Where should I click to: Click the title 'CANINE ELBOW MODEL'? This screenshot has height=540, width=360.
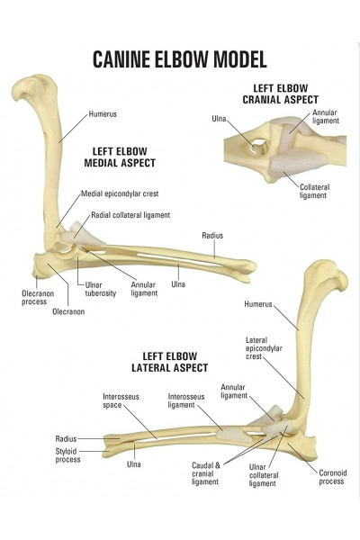point(180,59)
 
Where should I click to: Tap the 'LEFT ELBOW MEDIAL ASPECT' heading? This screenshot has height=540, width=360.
point(120,157)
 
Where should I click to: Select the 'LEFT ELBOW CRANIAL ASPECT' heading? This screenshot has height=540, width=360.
point(281,94)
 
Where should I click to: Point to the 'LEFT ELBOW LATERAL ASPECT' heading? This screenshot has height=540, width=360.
point(170,362)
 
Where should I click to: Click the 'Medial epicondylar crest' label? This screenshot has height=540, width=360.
point(120,193)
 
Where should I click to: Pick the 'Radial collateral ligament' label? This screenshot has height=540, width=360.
point(130,215)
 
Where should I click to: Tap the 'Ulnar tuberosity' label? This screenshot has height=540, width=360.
point(101,289)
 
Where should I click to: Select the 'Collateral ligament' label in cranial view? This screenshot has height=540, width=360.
point(314,191)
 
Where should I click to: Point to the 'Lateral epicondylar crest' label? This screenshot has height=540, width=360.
point(264,348)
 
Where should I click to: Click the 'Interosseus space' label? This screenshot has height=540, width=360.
point(121,400)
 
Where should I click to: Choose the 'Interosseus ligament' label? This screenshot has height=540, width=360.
point(186,400)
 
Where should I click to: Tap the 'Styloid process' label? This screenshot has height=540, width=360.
point(67,455)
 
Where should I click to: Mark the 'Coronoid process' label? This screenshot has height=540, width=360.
point(332,477)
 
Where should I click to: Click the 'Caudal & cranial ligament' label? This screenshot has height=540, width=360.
point(206,473)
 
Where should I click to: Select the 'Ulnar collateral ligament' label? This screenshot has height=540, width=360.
point(264,475)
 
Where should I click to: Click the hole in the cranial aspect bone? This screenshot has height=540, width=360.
point(258,146)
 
